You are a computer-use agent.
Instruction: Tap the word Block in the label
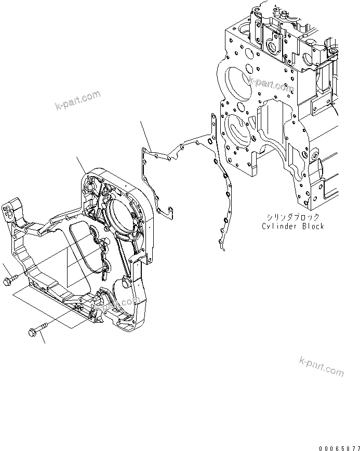[313, 226]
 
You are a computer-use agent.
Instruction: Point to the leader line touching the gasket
[145, 135]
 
